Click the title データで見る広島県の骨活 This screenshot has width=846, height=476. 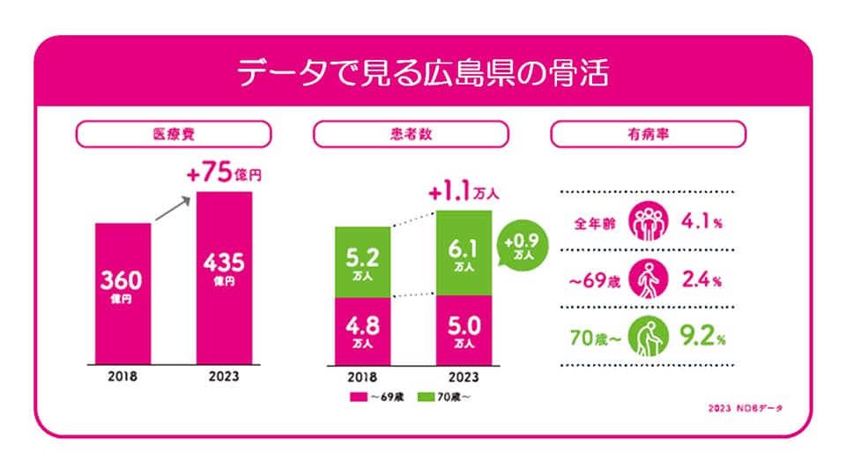[423, 73]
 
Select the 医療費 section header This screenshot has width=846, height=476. [174, 134]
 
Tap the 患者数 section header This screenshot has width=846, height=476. [411, 134]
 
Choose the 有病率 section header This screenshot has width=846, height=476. [648, 134]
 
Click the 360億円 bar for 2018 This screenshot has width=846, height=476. [122, 291]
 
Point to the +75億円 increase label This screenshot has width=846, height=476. [224, 175]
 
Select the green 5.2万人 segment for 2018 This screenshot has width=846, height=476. [362, 262]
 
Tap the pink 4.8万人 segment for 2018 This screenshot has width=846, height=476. [362, 327]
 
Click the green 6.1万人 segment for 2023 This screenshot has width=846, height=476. [464, 253]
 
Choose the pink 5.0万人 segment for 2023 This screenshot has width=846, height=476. [464, 327]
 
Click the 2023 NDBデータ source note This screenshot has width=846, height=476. [745, 409]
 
